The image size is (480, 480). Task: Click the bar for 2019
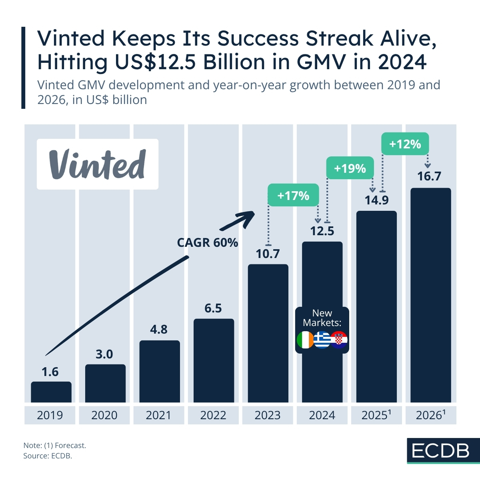pos(51,392)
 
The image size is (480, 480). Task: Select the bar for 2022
pos(214,360)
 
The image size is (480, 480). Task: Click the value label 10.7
pos(268,254)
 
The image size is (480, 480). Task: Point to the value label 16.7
pos(429,176)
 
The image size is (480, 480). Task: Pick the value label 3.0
pos(104,354)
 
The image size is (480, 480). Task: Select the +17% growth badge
pos(293,195)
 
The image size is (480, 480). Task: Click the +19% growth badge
pos(350,168)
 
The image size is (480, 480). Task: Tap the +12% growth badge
pos(405,144)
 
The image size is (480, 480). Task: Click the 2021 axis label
pos(159,415)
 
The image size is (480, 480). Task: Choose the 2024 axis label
pos(322,415)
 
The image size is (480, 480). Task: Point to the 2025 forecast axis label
pos(376,415)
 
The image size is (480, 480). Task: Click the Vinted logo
pos(98,164)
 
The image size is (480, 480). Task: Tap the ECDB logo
pos(441,451)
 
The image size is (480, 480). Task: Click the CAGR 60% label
pos(208,242)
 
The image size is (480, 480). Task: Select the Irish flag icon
pos(306,340)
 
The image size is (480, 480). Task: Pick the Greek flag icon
pos(322,340)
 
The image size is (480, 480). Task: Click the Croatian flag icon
pos(339,340)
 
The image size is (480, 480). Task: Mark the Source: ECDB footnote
pos(48,456)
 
